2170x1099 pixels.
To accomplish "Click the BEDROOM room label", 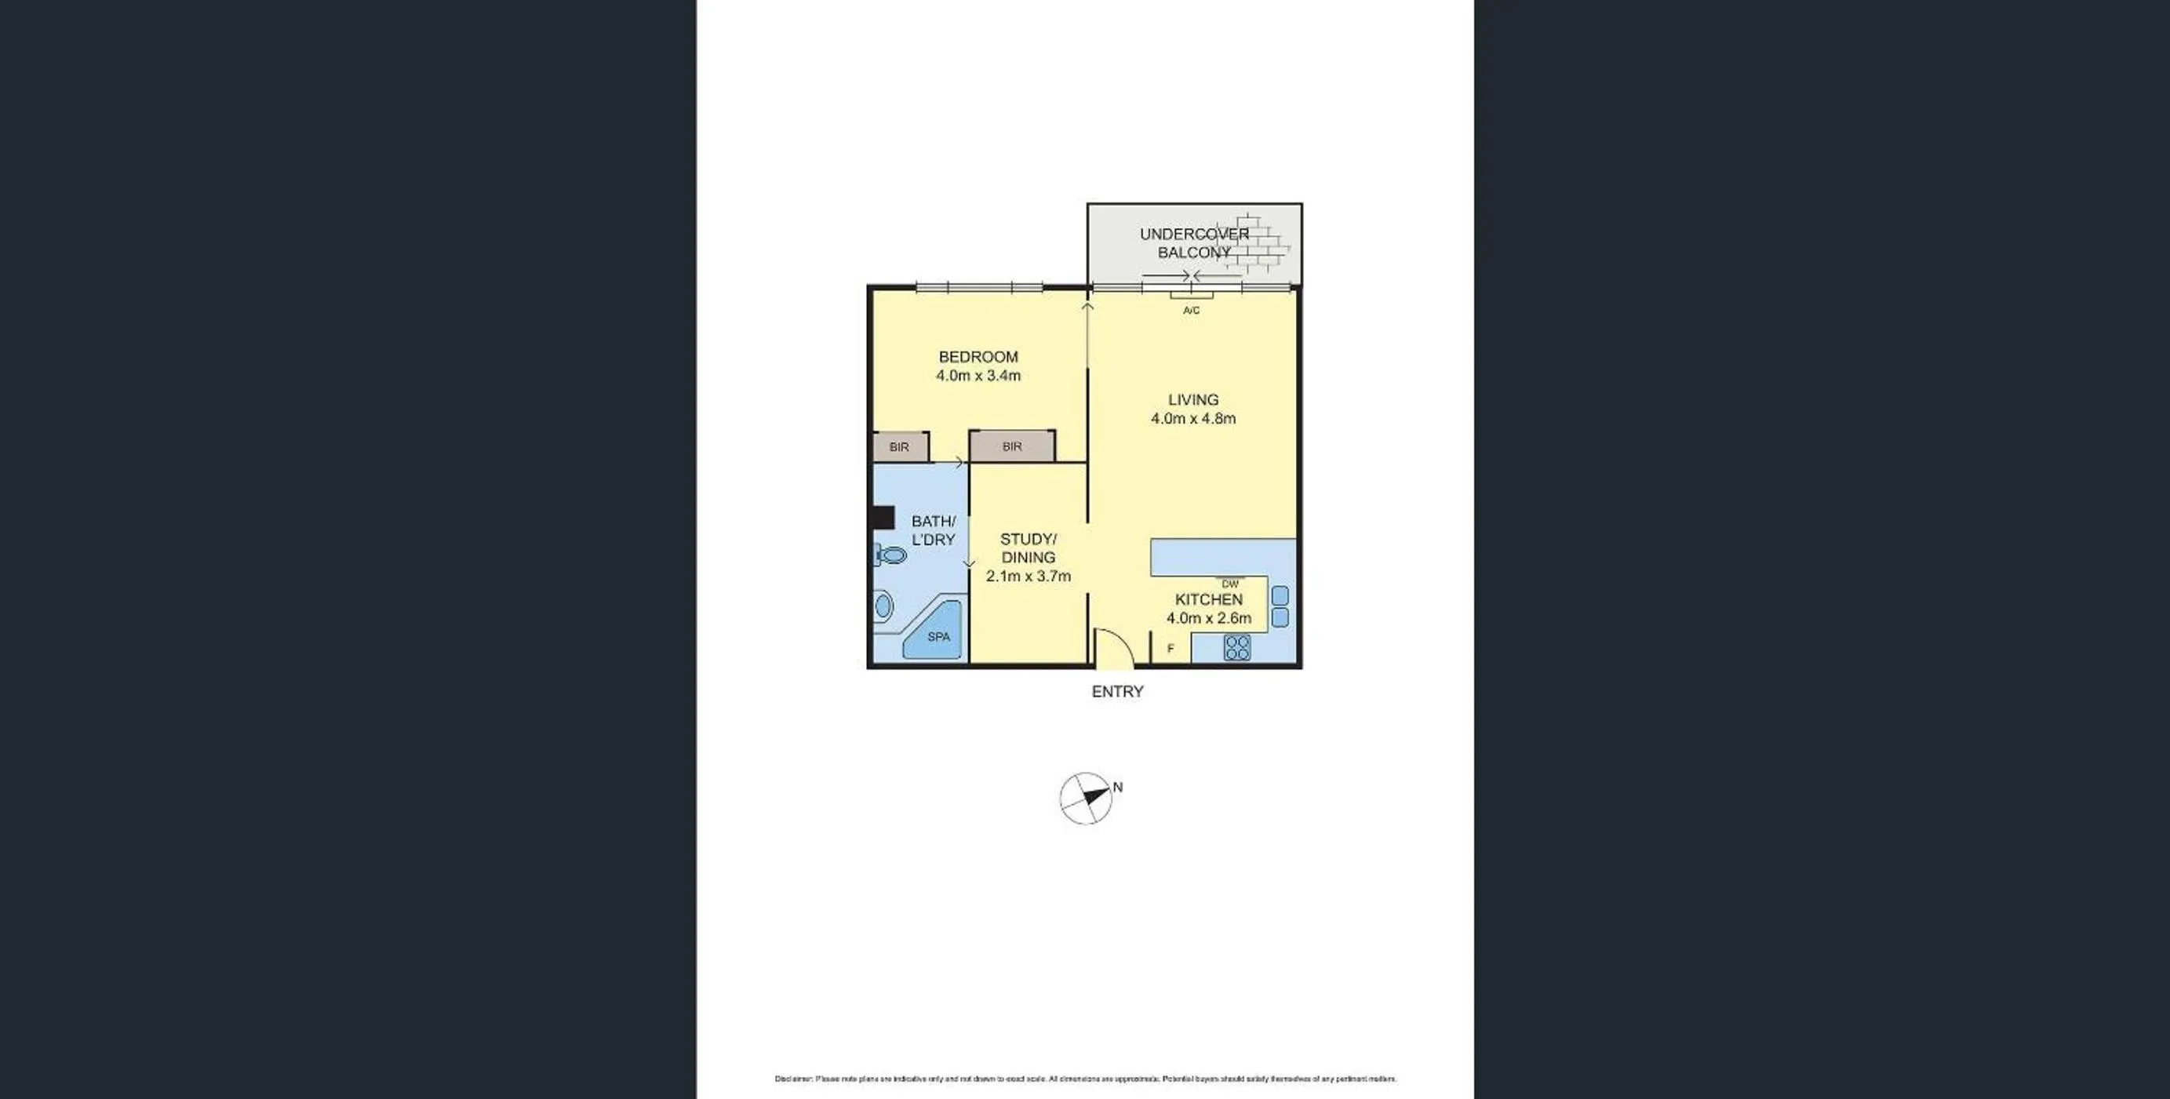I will (x=978, y=357).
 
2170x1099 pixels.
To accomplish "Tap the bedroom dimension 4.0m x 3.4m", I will (x=978, y=376).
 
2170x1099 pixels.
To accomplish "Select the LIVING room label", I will (x=1192, y=400).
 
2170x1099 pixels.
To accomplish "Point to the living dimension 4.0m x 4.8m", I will (x=1192, y=419).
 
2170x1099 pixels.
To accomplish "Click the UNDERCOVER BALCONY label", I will (x=1194, y=243).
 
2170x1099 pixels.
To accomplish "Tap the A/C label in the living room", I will (x=1191, y=311).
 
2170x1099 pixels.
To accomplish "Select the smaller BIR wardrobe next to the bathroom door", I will (x=900, y=447).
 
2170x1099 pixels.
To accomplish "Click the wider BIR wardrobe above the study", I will (x=1012, y=447).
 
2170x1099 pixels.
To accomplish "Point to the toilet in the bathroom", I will (x=890, y=555).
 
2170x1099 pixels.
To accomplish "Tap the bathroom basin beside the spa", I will (x=883, y=605).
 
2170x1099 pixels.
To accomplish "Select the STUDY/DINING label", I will (x=1028, y=548).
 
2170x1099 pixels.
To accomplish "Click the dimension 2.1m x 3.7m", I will (x=1028, y=577).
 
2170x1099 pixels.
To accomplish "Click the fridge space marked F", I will (x=1170, y=650).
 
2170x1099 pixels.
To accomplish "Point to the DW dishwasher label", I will (x=1230, y=584).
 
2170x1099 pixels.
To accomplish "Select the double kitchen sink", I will (x=1279, y=606).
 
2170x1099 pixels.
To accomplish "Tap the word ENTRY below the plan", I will (x=1117, y=691).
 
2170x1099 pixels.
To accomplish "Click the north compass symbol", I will (x=1086, y=798).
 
